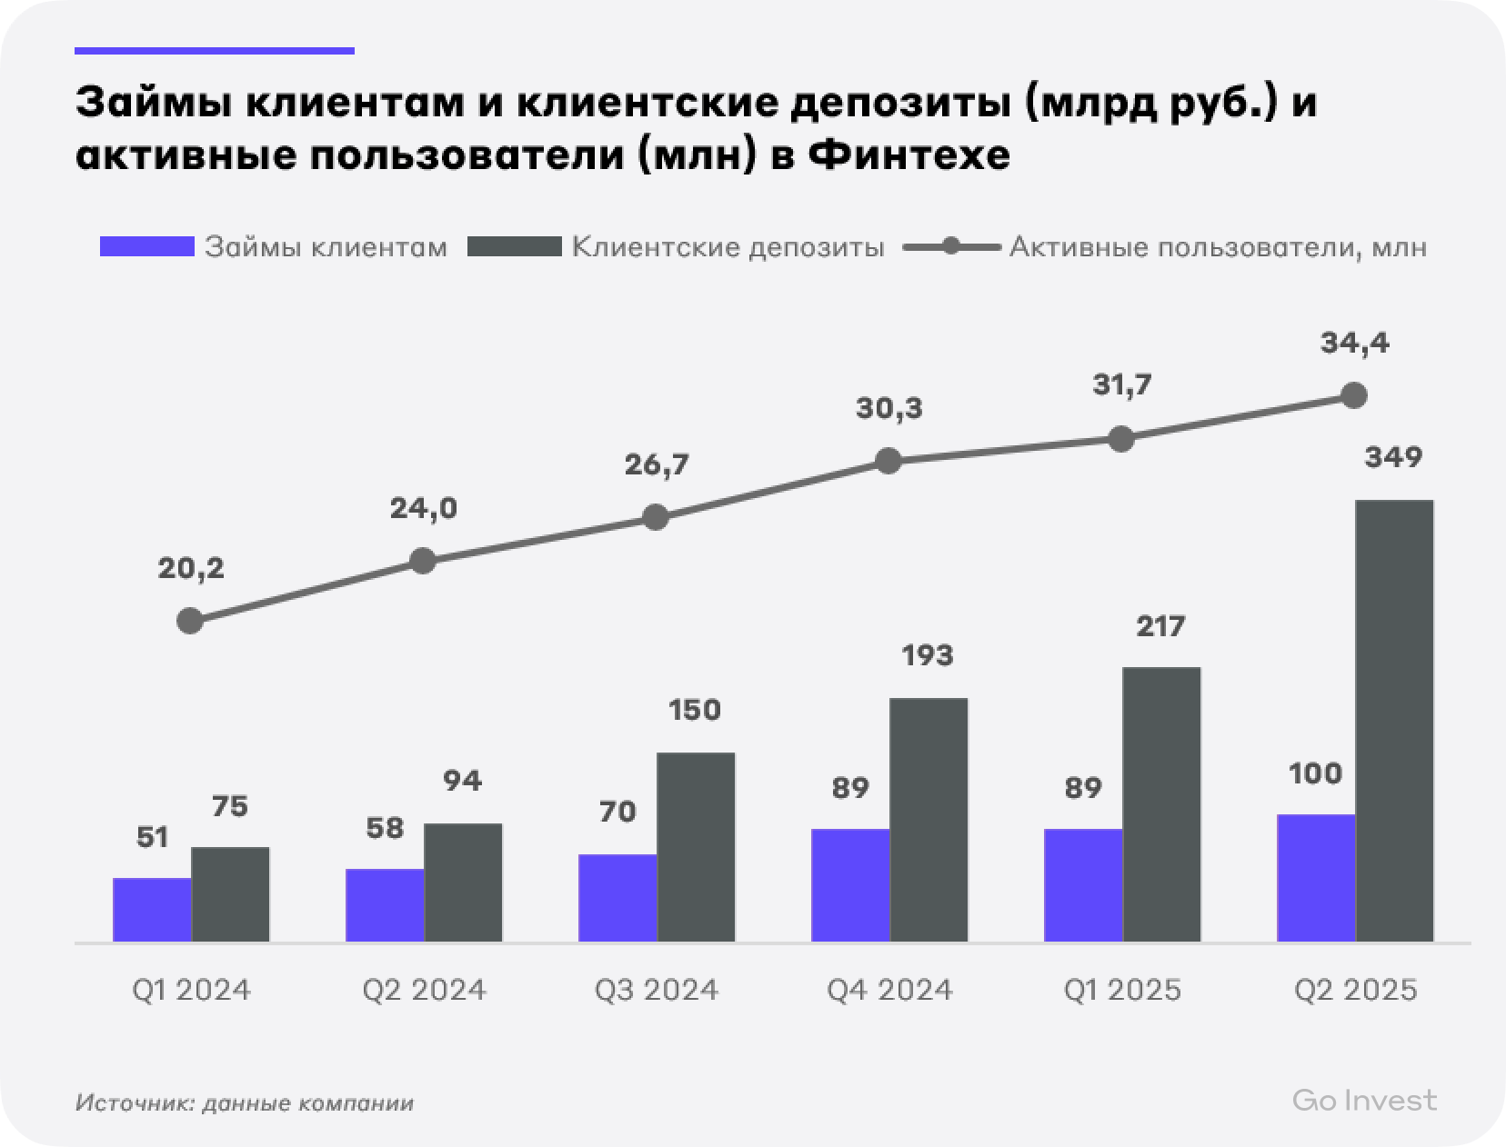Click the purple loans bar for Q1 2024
click(152, 909)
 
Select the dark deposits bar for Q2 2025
click(1394, 720)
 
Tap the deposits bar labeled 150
click(696, 846)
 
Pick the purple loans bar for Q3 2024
click(617, 897)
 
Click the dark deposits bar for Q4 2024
click(929, 819)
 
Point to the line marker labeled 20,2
click(190, 622)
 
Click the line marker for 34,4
click(1354, 395)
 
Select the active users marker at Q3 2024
click(656, 518)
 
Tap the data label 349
click(1393, 457)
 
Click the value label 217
click(1160, 626)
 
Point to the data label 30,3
click(889, 409)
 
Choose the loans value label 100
click(1315, 773)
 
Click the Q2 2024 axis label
click(424, 990)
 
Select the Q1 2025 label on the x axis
click(1122, 990)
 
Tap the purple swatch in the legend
click(146, 247)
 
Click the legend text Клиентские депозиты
click(728, 247)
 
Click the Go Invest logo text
click(1364, 1101)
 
